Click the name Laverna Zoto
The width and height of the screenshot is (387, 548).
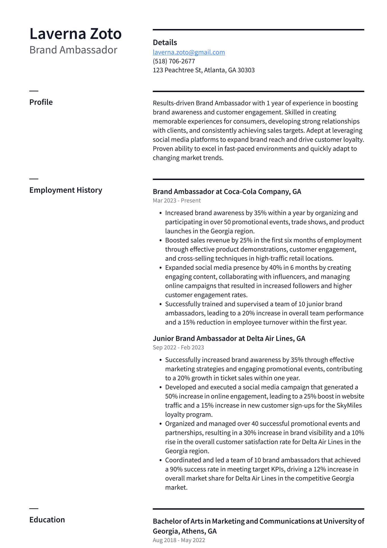[x=75, y=34]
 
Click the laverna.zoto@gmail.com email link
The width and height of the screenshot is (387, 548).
[x=189, y=52]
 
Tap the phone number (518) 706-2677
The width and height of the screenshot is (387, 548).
[x=174, y=61]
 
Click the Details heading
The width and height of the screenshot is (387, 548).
[x=165, y=43]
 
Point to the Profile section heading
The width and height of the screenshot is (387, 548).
[x=41, y=102]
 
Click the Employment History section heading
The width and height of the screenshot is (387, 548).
[x=66, y=190]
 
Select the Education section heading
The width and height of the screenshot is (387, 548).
[x=47, y=520]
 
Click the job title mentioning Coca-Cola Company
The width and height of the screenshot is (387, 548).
[x=227, y=192]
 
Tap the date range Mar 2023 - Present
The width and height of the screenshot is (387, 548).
[x=177, y=201]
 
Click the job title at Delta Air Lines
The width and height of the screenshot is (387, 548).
[x=229, y=338]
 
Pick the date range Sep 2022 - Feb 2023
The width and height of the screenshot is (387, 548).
[x=178, y=347]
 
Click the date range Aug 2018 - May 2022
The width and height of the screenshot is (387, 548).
[x=179, y=540]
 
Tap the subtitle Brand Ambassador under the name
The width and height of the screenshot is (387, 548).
[x=73, y=50]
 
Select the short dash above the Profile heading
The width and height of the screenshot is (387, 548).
[x=34, y=91]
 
